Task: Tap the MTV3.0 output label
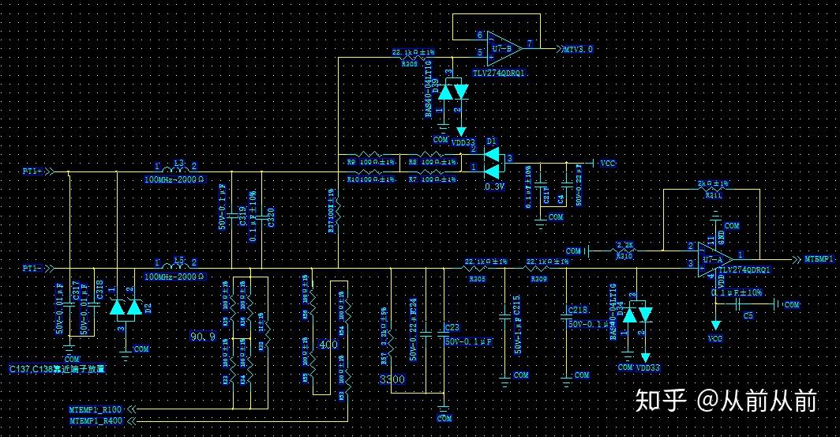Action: click(x=578, y=49)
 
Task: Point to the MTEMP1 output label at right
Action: click(x=820, y=259)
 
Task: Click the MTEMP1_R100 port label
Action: click(x=96, y=409)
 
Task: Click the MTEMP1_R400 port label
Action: click(x=96, y=421)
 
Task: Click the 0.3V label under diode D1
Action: click(x=494, y=186)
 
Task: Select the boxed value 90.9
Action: click(x=202, y=337)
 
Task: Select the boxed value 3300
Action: click(x=392, y=381)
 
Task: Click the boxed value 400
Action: click(x=327, y=345)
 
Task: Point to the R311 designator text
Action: click(x=714, y=194)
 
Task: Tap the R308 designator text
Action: click(x=409, y=63)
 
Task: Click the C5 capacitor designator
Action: click(x=748, y=315)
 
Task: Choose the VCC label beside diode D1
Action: click(x=607, y=164)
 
